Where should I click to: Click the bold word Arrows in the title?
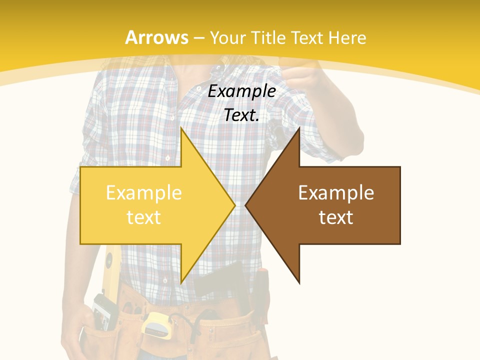coord(156,37)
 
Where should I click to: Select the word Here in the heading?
coord(347,37)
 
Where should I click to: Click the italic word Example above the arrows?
coord(242,91)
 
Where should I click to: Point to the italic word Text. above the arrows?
coord(242,115)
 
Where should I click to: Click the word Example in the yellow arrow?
coord(144,193)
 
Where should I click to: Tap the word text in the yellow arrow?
coord(144,217)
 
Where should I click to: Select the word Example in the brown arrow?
coord(336,193)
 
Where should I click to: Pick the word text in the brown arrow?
coord(336,217)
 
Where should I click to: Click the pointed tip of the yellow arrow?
coord(234,205)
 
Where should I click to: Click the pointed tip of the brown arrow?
coord(246,205)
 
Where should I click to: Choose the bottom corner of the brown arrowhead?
coord(299,283)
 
